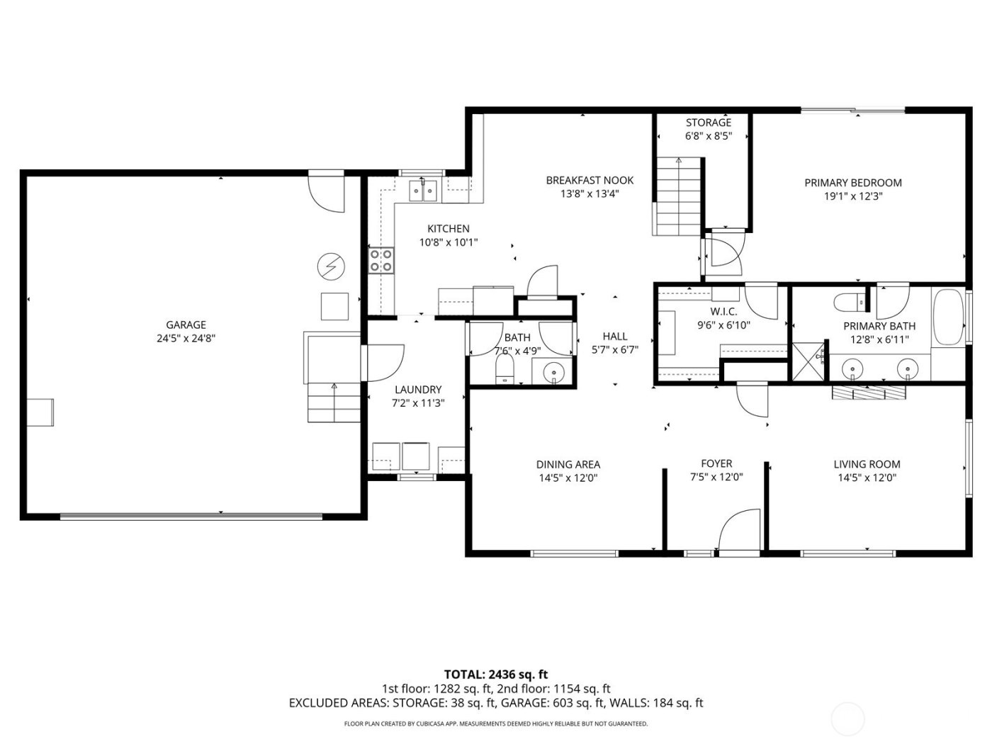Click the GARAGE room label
[x=186, y=325]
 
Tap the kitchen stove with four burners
[x=381, y=261]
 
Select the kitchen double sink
[x=422, y=191]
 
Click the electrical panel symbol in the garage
[x=330, y=266]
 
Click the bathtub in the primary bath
[x=948, y=316]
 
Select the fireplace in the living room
[x=869, y=393]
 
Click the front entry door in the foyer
[x=738, y=531]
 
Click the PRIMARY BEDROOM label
[x=853, y=183]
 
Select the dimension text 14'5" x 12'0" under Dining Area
[x=568, y=478]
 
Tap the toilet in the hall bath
[x=505, y=368]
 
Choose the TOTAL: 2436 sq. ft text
[x=496, y=675]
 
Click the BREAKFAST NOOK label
[x=590, y=181]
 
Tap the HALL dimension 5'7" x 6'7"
[x=615, y=349]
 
